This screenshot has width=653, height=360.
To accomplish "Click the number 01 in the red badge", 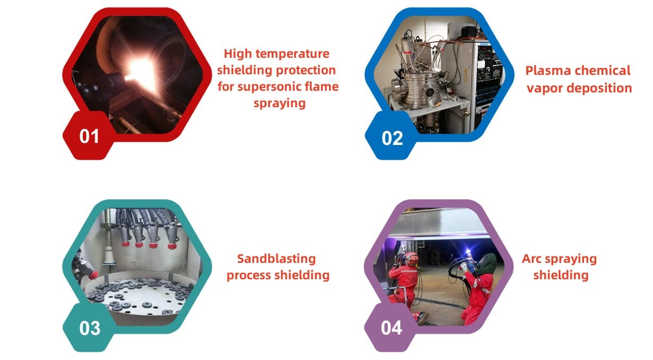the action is click(89, 136).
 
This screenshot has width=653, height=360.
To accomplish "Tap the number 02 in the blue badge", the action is click(392, 138).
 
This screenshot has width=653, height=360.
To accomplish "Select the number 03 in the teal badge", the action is click(90, 328).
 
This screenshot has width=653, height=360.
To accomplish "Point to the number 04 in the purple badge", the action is click(391, 328).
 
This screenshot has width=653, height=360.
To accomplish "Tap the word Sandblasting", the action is click(277, 259).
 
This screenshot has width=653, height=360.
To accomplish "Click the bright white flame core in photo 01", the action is click(141, 72).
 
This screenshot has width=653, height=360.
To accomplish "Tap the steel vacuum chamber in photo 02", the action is click(417, 88).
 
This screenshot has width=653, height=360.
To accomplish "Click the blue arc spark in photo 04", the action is click(468, 251).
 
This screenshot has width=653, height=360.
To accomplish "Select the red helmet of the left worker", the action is click(411, 258).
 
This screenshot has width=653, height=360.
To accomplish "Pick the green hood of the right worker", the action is click(488, 264).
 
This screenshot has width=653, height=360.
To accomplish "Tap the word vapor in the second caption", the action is click(545, 88).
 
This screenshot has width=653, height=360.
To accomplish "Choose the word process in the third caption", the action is click(248, 276).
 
